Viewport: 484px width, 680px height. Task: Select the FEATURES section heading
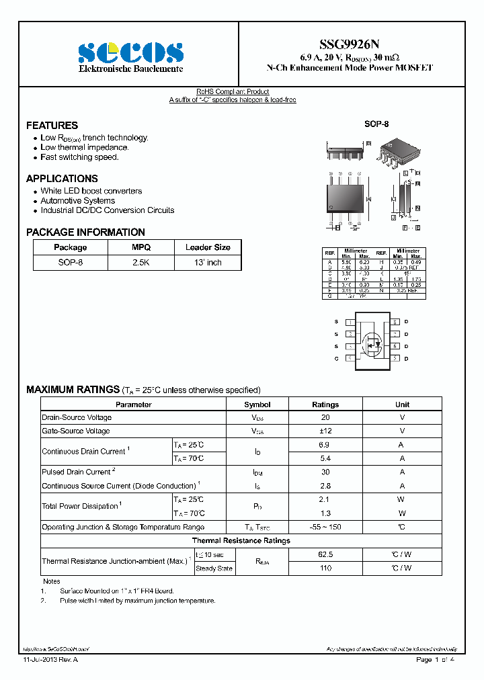[52, 126]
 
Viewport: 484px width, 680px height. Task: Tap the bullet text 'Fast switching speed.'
[79, 157]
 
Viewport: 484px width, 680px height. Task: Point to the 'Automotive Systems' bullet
[77, 201]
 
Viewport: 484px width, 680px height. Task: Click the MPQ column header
[141, 247]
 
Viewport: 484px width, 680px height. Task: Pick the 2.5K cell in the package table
[141, 263]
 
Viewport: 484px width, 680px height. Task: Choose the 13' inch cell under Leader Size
[208, 263]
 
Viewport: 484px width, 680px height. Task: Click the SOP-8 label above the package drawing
[376, 124]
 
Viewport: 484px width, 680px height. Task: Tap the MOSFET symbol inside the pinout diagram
[370, 340]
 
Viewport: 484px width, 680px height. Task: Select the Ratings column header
[325, 405]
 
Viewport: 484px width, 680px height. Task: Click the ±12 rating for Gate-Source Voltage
[325, 431]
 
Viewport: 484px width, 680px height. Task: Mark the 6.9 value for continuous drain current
[325, 445]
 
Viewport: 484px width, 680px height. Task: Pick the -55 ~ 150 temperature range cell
[325, 527]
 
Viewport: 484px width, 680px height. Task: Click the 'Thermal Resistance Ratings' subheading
[241, 541]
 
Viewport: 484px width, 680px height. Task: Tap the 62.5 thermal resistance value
[325, 555]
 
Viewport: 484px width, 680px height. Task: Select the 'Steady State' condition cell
[214, 568]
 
